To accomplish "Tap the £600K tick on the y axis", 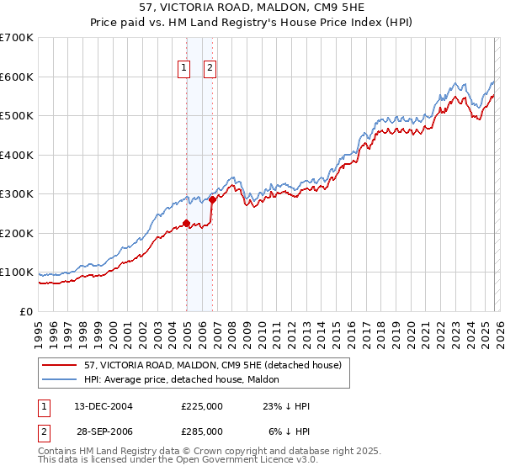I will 17,77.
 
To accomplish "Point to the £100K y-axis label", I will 17,273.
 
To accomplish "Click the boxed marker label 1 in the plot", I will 183,69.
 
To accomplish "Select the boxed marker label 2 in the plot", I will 210,69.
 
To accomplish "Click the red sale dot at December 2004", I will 186,223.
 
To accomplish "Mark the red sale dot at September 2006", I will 212,199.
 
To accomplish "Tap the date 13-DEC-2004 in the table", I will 98,406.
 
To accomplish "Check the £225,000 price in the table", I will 202,406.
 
